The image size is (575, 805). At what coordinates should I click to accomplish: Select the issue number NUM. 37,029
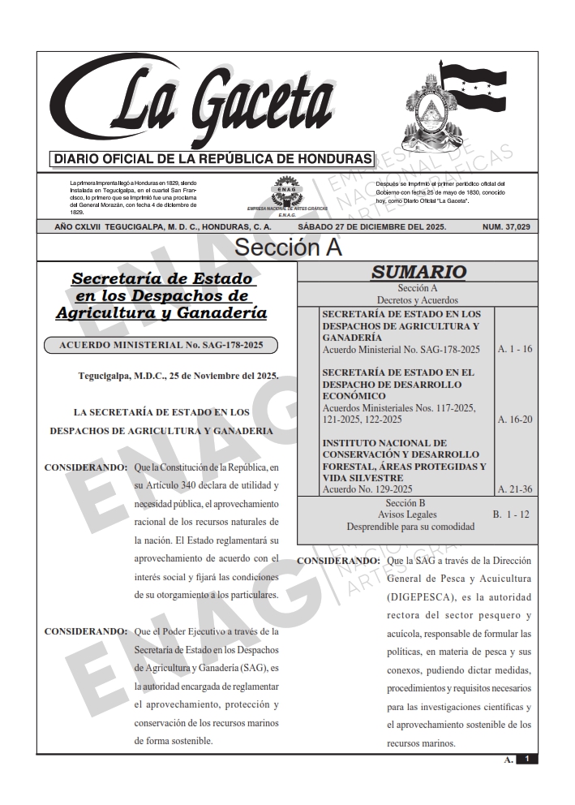(x=506, y=227)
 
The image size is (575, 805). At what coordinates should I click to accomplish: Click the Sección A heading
(x=287, y=247)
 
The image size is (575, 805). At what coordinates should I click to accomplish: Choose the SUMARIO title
(x=418, y=273)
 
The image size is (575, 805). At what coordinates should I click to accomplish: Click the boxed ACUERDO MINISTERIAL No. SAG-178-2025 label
(x=161, y=345)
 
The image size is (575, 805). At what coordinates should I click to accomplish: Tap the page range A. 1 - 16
(x=514, y=349)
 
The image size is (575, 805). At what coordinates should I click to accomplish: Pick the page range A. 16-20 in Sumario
(x=514, y=420)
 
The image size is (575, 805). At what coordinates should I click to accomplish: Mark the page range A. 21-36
(x=514, y=489)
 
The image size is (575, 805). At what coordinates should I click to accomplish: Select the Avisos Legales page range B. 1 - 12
(x=513, y=514)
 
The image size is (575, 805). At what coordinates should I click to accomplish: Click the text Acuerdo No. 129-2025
(x=367, y=489)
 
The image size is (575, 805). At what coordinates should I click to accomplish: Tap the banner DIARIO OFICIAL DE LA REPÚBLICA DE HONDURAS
(x=211, y=158)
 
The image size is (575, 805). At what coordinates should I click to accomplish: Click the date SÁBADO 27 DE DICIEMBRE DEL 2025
(x=371, y=227)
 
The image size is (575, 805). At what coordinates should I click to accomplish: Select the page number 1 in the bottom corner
(x=527, y=759)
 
